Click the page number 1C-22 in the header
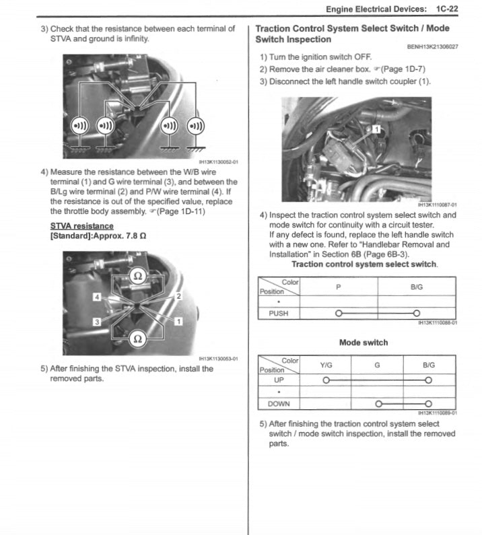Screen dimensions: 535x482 coord(447,9)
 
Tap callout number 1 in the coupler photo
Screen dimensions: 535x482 coord(378,128)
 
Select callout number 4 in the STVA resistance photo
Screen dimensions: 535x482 coord(97,297)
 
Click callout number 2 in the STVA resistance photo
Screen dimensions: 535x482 coord(178,296)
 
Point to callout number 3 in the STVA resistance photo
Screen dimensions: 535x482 coord(97,322)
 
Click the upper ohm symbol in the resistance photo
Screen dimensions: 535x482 coord(137,275)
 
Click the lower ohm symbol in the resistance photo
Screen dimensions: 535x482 coord(137,339)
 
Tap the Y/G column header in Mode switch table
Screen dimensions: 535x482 coord(326,365)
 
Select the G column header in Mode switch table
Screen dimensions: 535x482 coord(378,365)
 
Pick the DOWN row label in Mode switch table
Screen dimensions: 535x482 coord(279,404)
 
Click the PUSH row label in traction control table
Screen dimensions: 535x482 coord(279,313)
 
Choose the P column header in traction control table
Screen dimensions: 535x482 coord(339,287)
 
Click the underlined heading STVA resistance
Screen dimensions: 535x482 coord(82,226)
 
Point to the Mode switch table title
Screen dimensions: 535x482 coord(364,343)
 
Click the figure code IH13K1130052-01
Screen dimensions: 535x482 coord(219,162)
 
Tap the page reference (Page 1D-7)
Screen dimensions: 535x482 coord(403,69)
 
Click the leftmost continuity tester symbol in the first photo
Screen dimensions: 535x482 coord(79,126)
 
